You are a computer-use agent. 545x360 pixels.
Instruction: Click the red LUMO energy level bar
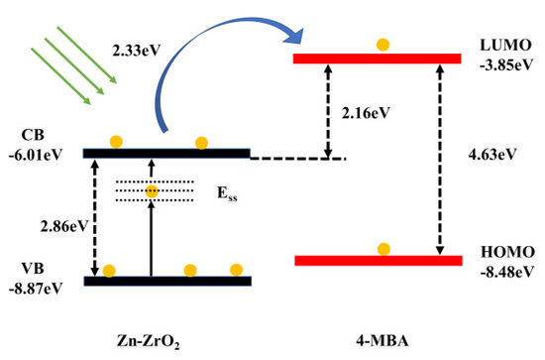[378, 59]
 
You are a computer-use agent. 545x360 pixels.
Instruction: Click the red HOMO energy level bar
[378, 261]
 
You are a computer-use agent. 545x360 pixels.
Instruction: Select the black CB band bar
[166, 153]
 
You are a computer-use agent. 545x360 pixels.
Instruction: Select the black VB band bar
[166, 282]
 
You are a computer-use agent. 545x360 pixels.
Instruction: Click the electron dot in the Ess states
[152, 190]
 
